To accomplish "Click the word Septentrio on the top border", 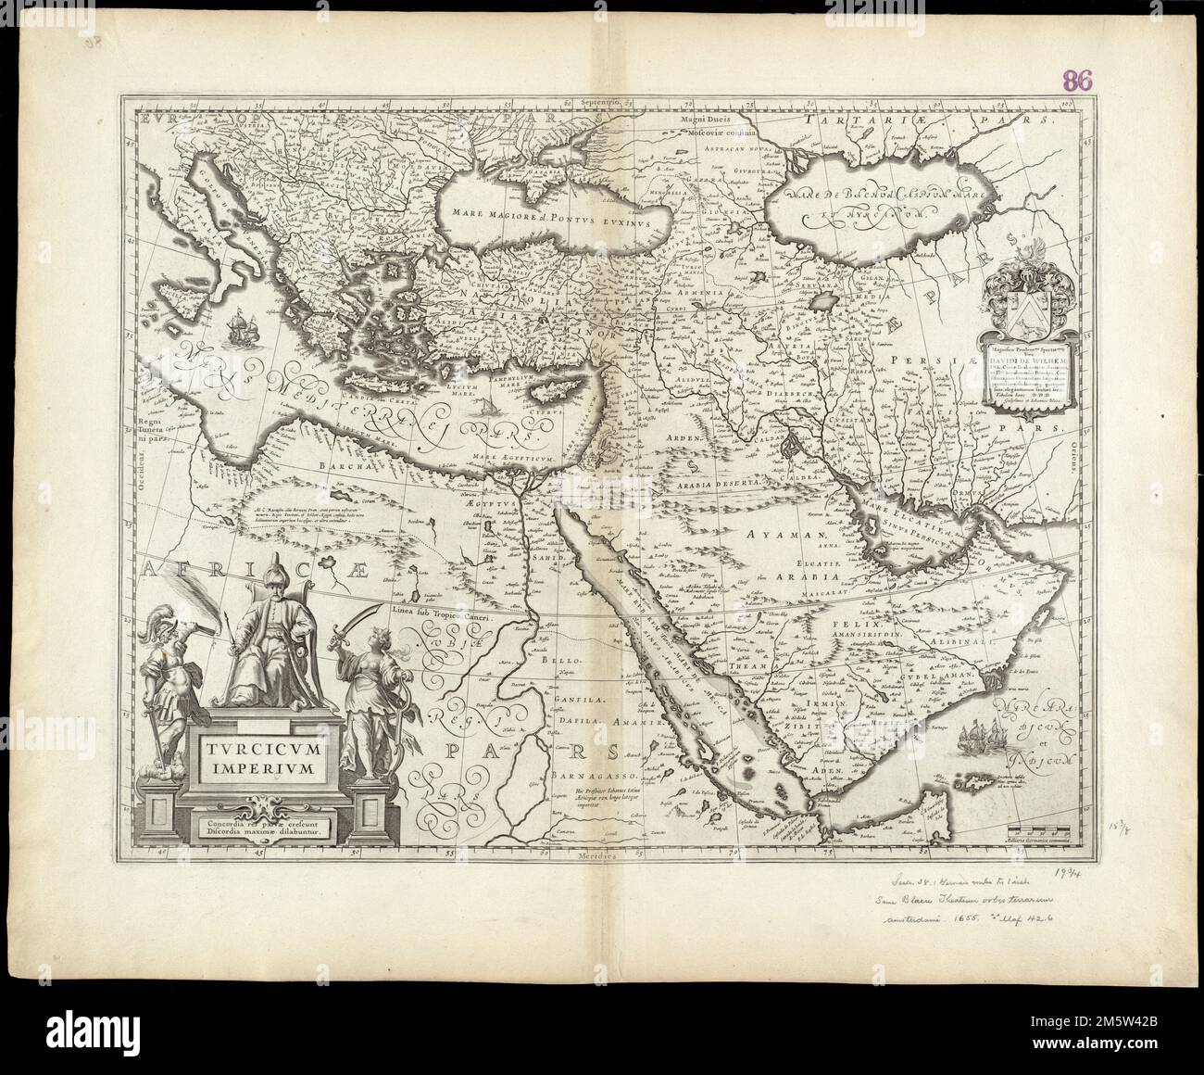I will (594, 101).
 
